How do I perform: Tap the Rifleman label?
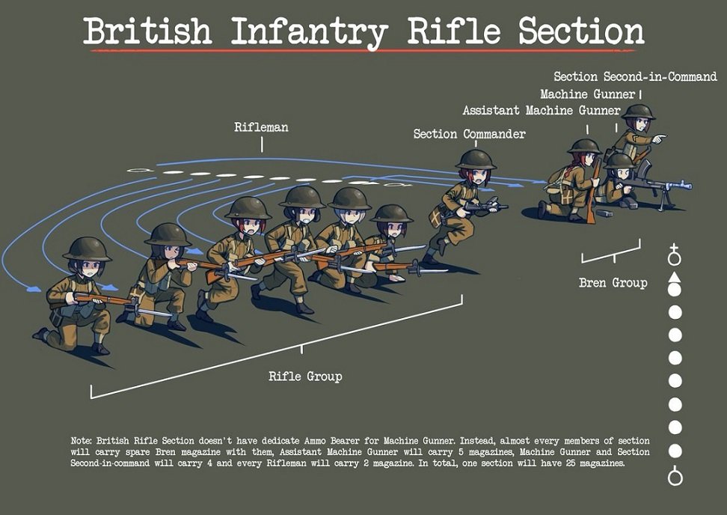pos(261,127)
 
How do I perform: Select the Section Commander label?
pos(469,134)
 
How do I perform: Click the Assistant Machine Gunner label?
pos(541,111)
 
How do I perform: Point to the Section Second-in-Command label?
pos(634,76)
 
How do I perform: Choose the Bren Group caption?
pos(613,283)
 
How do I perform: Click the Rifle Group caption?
pos(305,376)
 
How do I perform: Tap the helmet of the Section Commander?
pos(475,159)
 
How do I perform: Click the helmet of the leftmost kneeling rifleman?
pos(86,249)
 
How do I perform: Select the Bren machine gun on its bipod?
pos(658,184)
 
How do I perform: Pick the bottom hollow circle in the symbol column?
pos(675,476)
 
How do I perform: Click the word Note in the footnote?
pos(82,441)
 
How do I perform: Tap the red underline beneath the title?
pos(363,51)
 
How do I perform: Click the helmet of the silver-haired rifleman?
pos(349,198)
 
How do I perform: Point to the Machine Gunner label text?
pos(587,94)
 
